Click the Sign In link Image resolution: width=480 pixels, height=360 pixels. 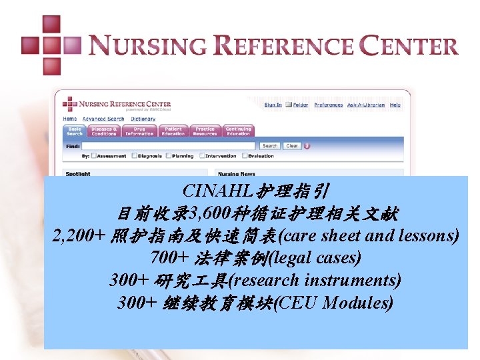pyautogui.click(x=273, y=105)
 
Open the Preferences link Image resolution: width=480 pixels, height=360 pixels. pyautogui.click(x=328, y=105)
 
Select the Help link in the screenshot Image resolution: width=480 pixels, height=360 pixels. pyautogui.click(x=395, y=105)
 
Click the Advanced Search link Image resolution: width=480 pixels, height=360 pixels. pyautogui.click(x=103, y=119)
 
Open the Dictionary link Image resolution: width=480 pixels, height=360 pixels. pyautogui.click(x=143, y=119)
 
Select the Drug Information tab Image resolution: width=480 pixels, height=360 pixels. pyautogui.click(x=139, y=131)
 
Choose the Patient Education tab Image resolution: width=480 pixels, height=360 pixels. pyautogui.click(x=173, y=131)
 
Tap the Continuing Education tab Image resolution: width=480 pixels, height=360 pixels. pyautogui.click(x=238, y=131)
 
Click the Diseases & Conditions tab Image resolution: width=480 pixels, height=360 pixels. pyautogui.click(x=104, y=131)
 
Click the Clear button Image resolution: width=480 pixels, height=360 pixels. pyautogui.click(x=292, y=145)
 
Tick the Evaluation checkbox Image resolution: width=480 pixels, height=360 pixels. pyautogui.click(x=244, y=156)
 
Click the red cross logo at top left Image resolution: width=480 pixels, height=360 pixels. pyautogui.click(x=51, y=45)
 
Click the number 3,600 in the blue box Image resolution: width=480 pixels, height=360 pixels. pyautogui.click(x=209, y=214)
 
